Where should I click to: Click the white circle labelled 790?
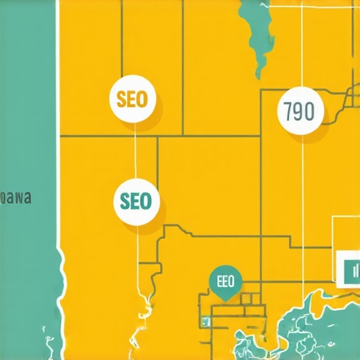(301, 112)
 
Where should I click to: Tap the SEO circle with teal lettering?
(136, 201)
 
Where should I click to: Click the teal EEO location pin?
(226, 283)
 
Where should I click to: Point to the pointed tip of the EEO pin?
(226, 300)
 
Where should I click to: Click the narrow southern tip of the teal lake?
(262, 73)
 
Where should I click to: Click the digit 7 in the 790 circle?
(289, 112)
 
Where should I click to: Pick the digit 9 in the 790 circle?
(300, 112)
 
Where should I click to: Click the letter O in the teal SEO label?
(146, 202)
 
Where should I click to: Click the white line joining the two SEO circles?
(134, 151)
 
